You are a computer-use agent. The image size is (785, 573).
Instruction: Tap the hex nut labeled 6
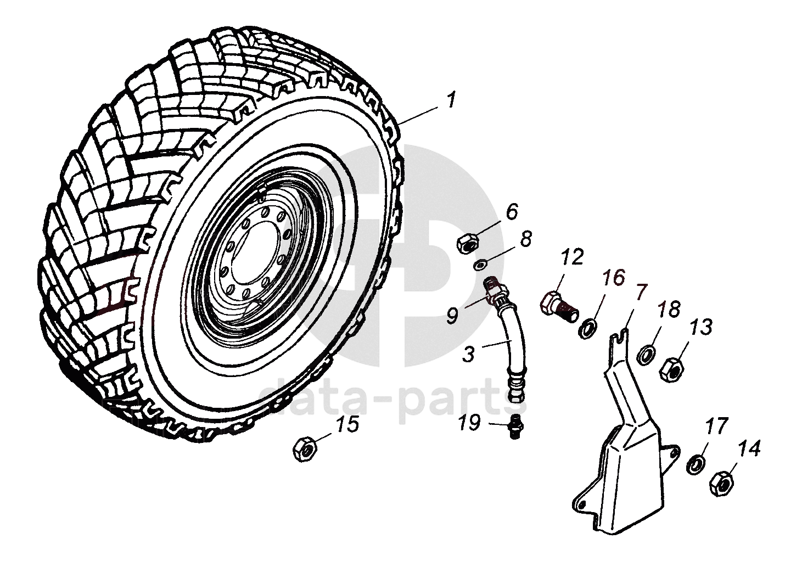[x=467, y=243]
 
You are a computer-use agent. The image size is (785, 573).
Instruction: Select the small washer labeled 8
[x=479, y=265]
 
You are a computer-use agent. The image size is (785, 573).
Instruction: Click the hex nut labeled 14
[x=721, y=482]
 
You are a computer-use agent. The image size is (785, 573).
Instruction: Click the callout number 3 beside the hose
[x=468, y=355]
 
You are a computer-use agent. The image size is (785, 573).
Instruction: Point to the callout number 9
[x=452, y=315]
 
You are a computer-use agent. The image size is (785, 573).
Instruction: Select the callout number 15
[x=347, y=424]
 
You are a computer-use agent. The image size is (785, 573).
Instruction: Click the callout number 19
[x=470, y=423]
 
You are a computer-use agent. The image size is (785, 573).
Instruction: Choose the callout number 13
[x=701, y=328]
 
